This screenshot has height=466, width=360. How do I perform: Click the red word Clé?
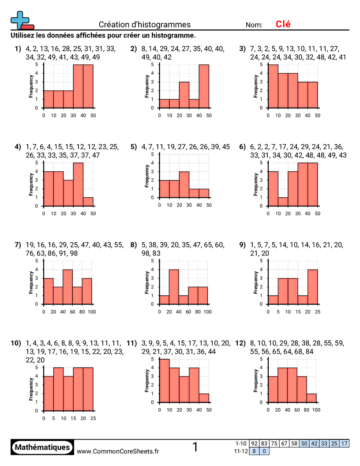click(x=283, y=24)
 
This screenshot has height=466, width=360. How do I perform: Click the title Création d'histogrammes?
click(x=145, y=25)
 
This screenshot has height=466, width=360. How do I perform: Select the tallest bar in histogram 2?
click(x=204, y=86)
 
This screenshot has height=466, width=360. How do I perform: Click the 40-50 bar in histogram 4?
click(x=88, y=201)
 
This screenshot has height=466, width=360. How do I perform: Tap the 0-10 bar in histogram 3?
click(x=273, y=86)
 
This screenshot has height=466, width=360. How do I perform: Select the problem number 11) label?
click(x=131, y=343)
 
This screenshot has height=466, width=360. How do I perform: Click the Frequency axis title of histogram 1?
click(x=31, y=86)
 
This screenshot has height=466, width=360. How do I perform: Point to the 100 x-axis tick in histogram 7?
click(x=92, y=311)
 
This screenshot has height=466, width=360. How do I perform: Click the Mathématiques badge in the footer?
click(x=42, y=447)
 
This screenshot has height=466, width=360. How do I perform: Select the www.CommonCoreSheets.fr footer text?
click(x=118, y=451)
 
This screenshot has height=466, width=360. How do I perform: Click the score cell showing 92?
click(x=254, y=443)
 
